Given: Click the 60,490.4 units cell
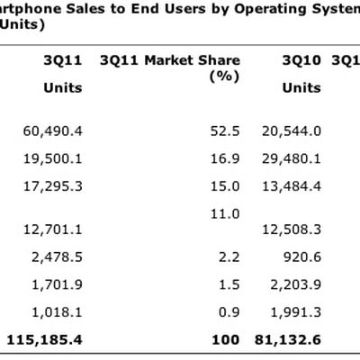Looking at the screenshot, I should coord(52,130).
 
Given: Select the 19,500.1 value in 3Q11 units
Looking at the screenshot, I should coord(52,158).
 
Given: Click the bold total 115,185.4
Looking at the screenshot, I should coord(45,340).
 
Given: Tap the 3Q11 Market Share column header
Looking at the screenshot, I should coord(170,61).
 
